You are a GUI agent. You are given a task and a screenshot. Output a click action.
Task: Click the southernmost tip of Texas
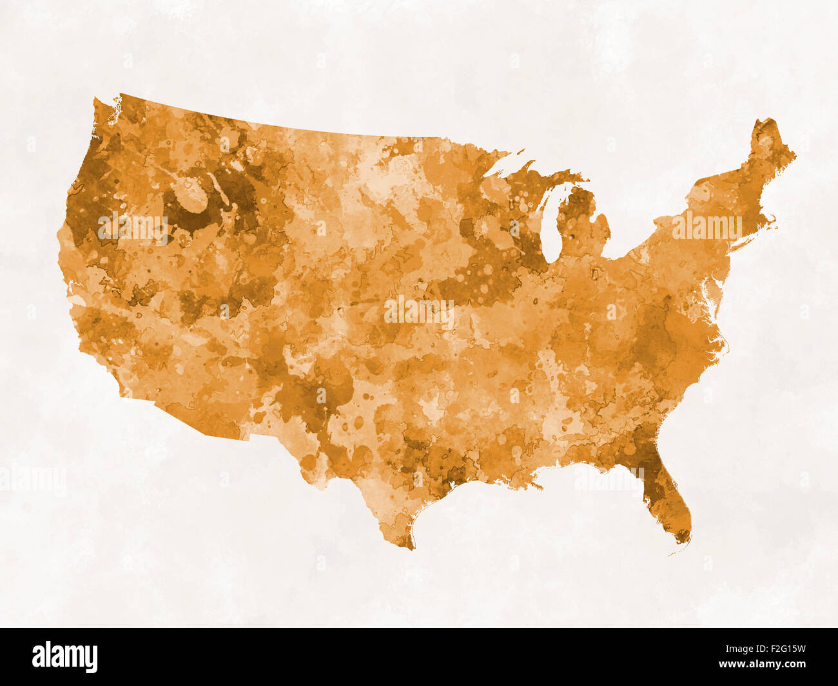(x=408, y=546)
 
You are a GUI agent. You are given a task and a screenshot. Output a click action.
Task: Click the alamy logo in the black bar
(x=64, y=657)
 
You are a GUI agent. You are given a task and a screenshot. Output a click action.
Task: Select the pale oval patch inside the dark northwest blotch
(x=191, y=195)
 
